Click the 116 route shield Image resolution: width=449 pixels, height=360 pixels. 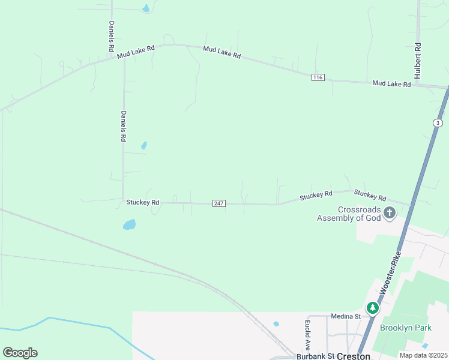point(318,77)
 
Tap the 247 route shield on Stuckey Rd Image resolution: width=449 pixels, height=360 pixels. point(219,203)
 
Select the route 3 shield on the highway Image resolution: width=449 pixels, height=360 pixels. point(438,123)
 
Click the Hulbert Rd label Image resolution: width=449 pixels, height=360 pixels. point(417,61)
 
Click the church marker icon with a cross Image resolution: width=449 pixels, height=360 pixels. point(390,212)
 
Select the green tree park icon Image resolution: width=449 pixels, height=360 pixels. point(373,308)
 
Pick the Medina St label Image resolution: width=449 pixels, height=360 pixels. point(345,316)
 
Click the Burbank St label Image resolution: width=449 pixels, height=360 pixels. point(315,356)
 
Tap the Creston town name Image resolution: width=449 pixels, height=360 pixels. point(353,356)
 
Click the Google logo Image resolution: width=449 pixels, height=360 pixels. point(20,353)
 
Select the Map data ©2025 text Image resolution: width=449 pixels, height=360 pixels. point(423,355)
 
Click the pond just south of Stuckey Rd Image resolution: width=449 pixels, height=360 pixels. point(129,225)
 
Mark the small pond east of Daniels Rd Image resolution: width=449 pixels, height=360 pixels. point(143,145)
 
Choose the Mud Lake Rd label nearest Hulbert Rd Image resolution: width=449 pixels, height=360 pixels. point(391,84)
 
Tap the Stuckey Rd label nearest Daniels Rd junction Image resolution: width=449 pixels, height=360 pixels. point(143,203)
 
